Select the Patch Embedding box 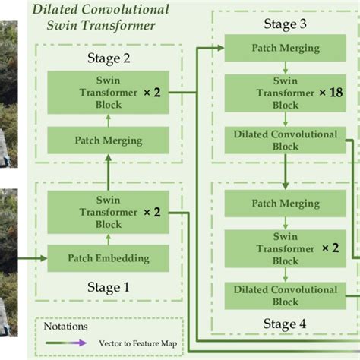(x=109, y=259)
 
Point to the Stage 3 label (x=285, y=24)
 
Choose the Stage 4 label (x=285, y=324)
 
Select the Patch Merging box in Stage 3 (x=285, y=48)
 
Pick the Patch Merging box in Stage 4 (x=285, y=204)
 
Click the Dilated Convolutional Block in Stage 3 (x=285, y=140)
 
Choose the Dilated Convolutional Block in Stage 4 (x=285, y=295)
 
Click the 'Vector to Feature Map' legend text (x=129, y=343)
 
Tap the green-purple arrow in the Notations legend (x=69, y=343)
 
